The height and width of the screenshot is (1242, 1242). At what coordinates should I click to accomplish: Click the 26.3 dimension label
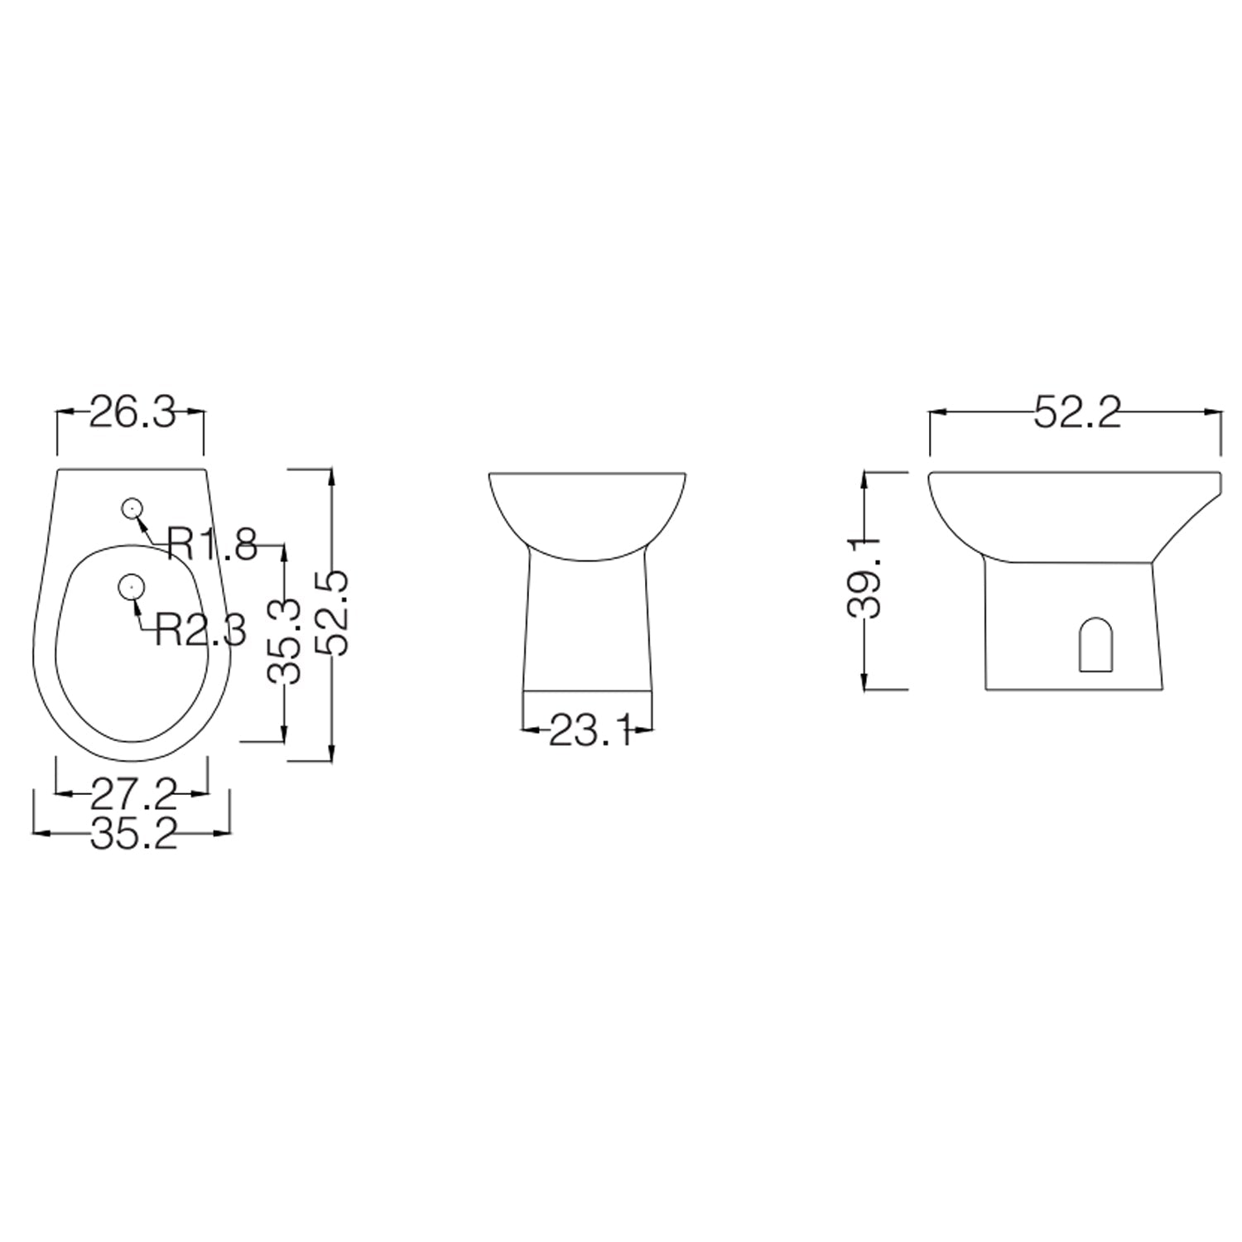(x=131, y=412)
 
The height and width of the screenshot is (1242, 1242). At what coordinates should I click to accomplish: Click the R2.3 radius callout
(x=200, y=631)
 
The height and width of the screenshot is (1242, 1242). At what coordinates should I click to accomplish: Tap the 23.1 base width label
(x=589, y=731)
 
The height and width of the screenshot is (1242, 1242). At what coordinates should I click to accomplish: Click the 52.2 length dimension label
(x=1076, y=412)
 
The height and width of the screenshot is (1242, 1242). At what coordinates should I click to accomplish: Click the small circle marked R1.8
(x=131, y=508)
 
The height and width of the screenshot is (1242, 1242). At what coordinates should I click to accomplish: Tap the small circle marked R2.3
(x=131, y=586)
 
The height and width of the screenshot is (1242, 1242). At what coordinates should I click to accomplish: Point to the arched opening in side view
(x=1096, y=644)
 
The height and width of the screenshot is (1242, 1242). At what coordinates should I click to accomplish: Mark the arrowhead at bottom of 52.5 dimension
(x=331, y=753)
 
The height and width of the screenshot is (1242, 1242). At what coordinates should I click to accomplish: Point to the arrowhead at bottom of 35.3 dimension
(x=285, y=734)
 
